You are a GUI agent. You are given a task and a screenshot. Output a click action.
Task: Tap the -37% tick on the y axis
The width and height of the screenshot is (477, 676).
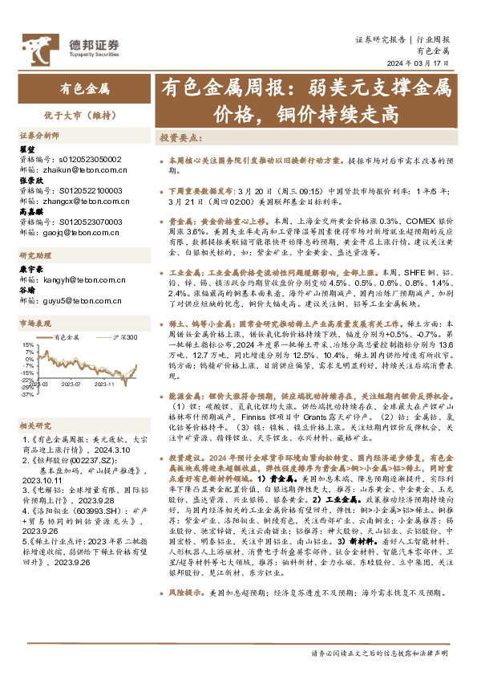(x=28, y=394)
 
